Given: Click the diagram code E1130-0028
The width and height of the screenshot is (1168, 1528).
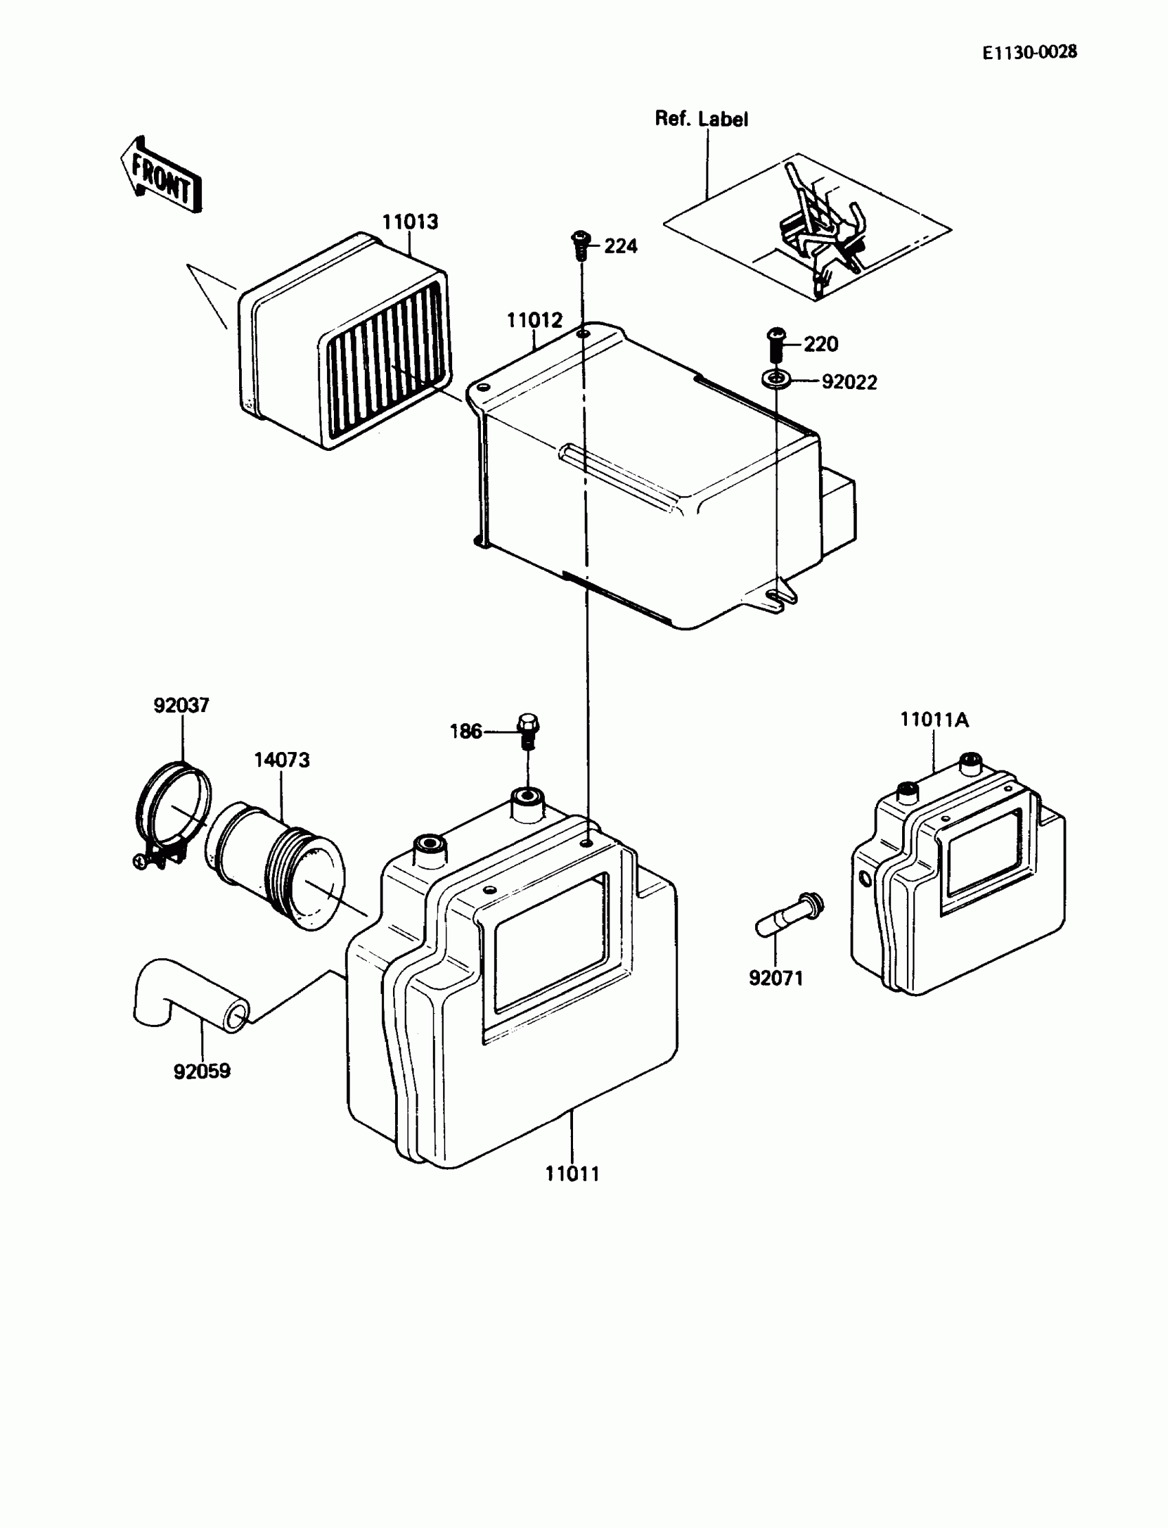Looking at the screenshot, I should pyautogui.click(x=1029, y=52).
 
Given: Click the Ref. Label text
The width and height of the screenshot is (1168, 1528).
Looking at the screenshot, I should pyautogui.click(x=701, y=119).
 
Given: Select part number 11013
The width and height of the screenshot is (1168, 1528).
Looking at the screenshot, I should pyautogui.click(x=410, y=222).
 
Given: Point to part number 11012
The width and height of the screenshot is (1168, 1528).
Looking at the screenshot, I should pyautogui.click(x=534, y=320).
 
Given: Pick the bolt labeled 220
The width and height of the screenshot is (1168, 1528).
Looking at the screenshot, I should pyautogui.click(x=776, y=344).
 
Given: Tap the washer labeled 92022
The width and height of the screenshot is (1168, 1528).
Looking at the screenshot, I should pyautogui.click(x=776, y=379).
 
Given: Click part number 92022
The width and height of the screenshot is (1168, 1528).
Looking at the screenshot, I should pyautogui.click(x=849, y=383).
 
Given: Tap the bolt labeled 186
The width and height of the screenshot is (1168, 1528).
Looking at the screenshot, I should pyautogui.click(x=528, y=731).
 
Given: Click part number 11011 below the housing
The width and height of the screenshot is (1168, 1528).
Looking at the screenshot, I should pyautogui.click(x=572, y=1174).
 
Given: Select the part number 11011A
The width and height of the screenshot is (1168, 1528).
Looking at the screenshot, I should pyautogui.click(x=934, y=720).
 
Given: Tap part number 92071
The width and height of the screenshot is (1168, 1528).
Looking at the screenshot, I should pyautogui.click(x=775, y=979).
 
